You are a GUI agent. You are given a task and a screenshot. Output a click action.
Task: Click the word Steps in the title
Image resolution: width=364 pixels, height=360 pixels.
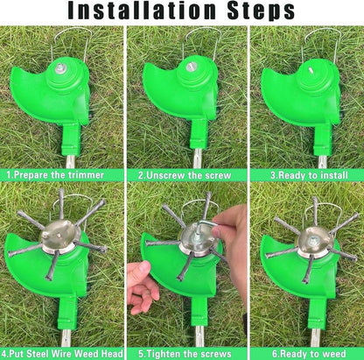click(x=258, y=12)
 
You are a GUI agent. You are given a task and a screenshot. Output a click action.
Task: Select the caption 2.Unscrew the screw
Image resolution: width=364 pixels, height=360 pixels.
click(x=182, y=174)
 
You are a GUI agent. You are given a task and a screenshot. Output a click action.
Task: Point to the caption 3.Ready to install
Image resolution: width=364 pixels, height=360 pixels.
click(x=305, y=174)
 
